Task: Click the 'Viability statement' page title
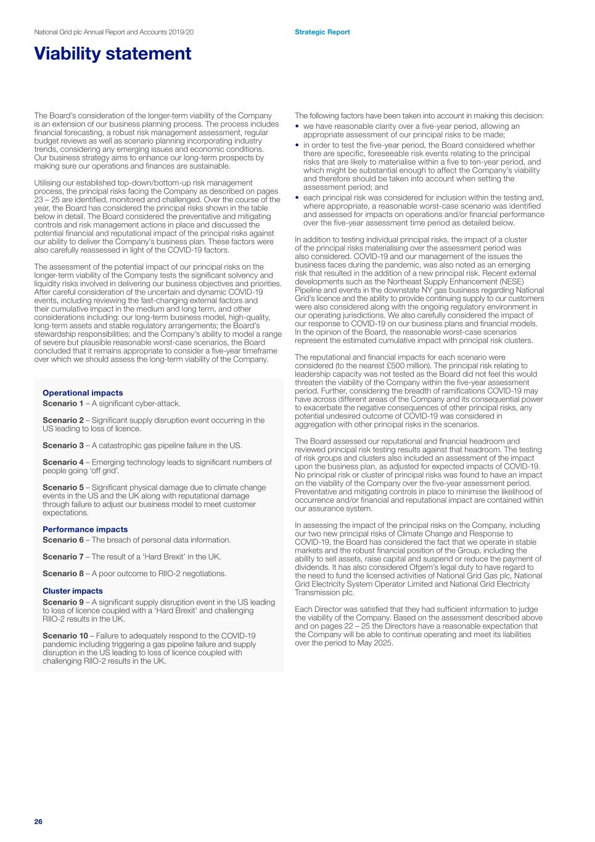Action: coord(113,54)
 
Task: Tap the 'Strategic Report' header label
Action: coord(322,32)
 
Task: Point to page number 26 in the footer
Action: coord(38,822)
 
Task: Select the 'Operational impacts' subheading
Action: coord(83,393)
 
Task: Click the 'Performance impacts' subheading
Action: coord(85,529)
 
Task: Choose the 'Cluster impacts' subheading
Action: coord(73,591)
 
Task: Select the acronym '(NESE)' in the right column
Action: coord(511,281)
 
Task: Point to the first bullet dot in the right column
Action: coord(297,126)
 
